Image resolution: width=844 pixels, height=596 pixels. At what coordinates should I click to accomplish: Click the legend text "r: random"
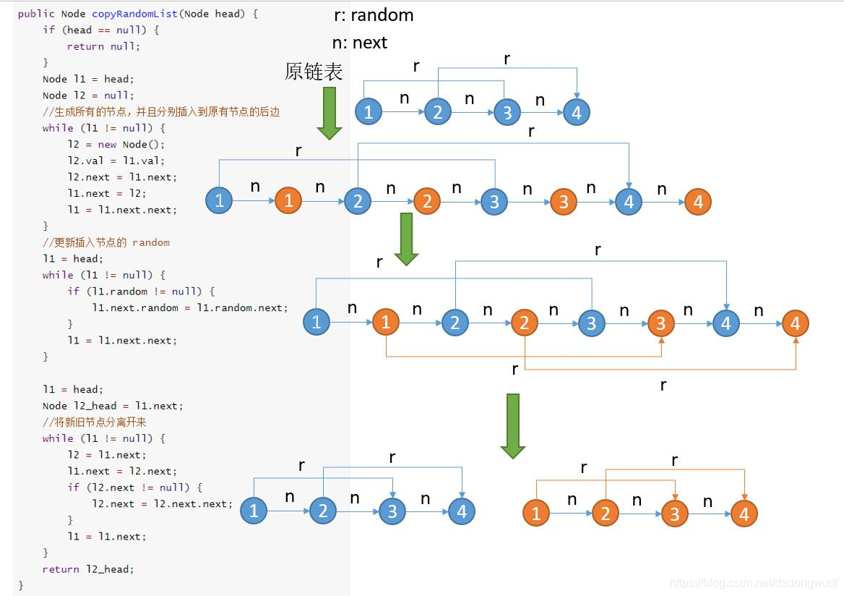[373, 15]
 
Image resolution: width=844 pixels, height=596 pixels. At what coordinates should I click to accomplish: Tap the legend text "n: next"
[359, 43]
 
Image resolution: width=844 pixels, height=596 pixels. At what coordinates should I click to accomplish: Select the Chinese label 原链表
[314, 72]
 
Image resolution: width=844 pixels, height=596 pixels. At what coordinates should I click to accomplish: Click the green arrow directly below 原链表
[330, 112]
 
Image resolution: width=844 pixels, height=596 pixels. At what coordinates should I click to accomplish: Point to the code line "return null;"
[103, 46]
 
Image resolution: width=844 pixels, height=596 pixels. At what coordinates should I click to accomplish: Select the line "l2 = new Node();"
[116, 145]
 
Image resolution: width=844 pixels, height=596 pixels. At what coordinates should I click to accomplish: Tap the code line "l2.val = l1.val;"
[116, 161]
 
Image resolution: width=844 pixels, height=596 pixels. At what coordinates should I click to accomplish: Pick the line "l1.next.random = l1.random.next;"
[190, 307]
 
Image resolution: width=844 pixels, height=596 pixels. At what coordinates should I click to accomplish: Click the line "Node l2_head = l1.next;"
[113, 406]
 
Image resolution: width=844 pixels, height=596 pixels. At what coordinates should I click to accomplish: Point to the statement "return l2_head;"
[88, 569]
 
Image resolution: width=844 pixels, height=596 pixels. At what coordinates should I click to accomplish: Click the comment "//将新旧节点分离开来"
[94, 422]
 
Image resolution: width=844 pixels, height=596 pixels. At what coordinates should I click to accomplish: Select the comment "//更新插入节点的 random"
[106, 242]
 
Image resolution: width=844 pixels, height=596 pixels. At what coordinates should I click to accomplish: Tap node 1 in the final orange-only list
[535, 514]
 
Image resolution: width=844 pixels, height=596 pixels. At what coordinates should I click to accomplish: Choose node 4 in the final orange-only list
[744, 514]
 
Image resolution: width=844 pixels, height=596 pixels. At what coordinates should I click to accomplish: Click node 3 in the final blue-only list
[392, 511]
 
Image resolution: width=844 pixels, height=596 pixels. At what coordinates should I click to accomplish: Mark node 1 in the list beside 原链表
[369, 111]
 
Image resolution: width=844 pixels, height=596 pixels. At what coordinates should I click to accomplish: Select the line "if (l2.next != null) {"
[135, 488]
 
